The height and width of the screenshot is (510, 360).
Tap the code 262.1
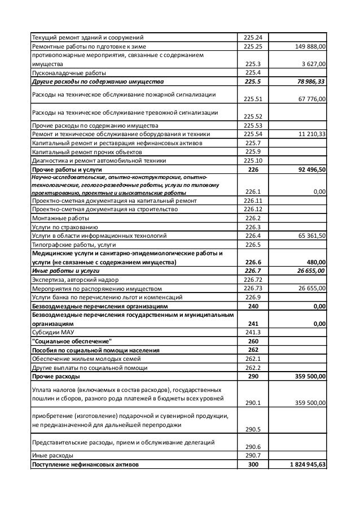coord(252,359)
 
